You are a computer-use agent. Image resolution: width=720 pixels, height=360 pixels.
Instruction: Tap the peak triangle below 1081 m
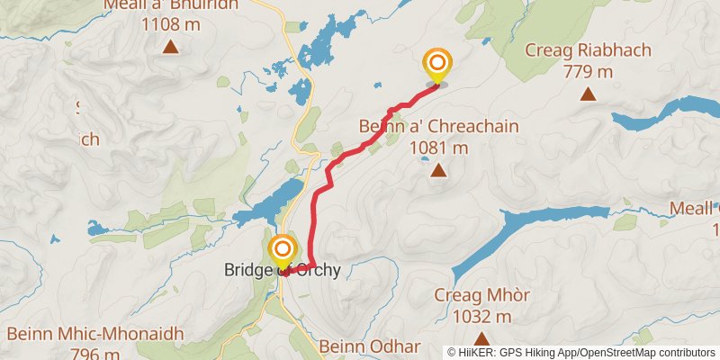[x=438, y=170]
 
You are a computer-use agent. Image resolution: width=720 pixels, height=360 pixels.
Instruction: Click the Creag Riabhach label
[x=587, y=50]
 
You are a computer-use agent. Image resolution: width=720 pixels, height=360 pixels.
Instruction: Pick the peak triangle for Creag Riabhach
[x=588, y=93]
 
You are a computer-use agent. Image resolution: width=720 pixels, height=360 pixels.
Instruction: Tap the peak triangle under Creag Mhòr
[x=481, y=338]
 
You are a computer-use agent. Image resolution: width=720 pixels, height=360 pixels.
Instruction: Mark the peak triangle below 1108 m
[x=170, y=47]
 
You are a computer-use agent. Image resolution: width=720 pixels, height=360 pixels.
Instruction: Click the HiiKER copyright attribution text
[x=581, y=353]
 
